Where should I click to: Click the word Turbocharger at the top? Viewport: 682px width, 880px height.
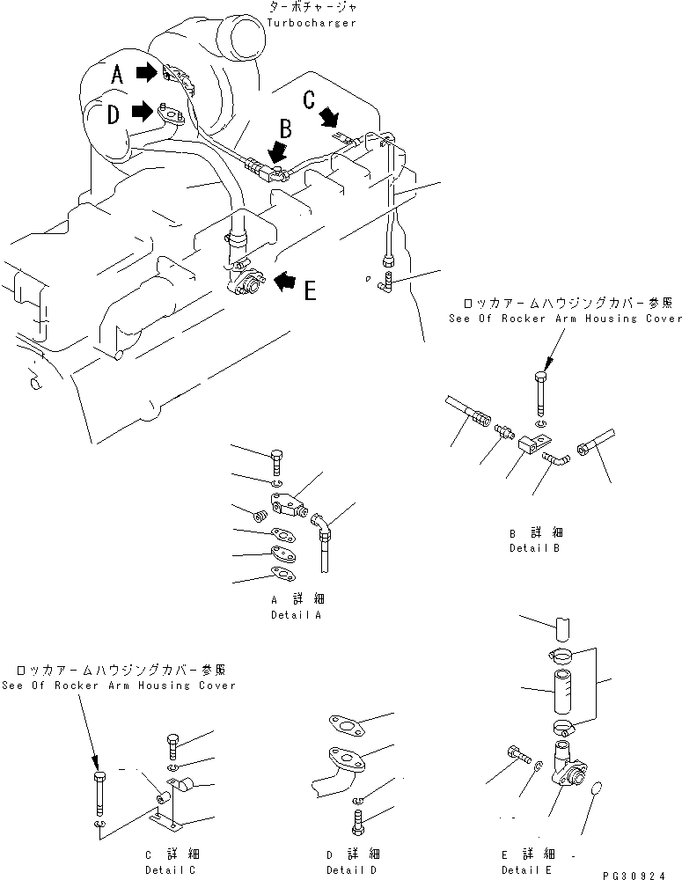(313, 22)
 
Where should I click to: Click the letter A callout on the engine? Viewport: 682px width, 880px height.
(117, 77)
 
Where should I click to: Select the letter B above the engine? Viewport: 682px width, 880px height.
(284, 128)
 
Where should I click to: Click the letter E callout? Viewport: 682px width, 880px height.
(310, 290)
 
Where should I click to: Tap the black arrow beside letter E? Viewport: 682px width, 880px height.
(284, 281)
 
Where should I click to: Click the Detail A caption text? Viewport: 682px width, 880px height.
(296, 615)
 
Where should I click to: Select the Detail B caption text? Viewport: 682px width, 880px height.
(534, 547)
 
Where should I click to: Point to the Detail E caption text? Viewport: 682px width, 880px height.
(526, 869)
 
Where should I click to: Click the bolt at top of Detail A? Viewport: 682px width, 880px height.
(275, 460)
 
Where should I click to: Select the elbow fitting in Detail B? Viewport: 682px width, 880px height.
(552, 458)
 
